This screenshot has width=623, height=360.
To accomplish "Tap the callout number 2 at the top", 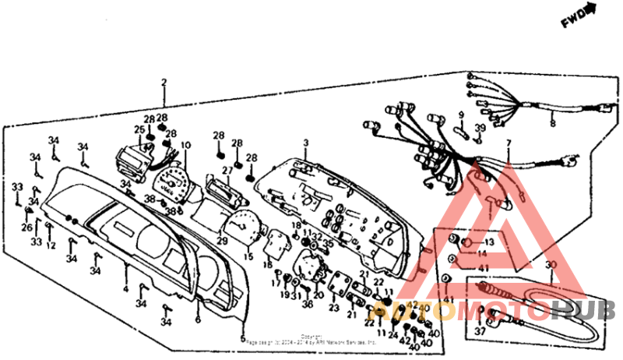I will [x=164, y=83].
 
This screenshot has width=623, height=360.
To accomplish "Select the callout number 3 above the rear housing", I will [x=306, y=143].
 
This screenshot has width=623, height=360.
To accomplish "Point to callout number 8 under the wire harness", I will [x=552, y=122].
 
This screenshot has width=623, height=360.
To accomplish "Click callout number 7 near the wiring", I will [x=509, y=143].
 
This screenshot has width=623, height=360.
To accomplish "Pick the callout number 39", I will [x=480, y=128].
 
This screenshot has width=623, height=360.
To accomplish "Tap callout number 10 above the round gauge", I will [x=185, y=146].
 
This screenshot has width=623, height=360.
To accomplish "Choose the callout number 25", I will [x=138, y=129].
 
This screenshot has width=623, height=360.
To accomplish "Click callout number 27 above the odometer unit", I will [x=227, y=170].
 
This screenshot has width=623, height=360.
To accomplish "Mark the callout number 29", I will [x=221, y=241].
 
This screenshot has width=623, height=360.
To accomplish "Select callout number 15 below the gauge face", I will [x=249, y=256].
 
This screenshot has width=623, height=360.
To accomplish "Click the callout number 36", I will [x=308, y=304].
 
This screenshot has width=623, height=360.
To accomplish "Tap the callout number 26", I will [x=26, y=228].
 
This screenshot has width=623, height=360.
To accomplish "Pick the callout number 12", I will [x=51, y=246].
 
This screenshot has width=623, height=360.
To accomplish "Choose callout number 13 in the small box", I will [x=478, y=242].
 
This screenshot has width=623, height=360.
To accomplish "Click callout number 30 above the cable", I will [x=551, y=265].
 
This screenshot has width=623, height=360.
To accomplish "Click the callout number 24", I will [x=393, y=335].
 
